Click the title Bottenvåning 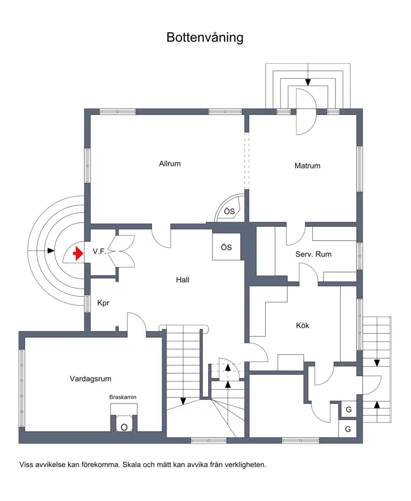[204, 37]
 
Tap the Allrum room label [170, 164]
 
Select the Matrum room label [307, 166]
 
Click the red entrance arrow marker [78, 254]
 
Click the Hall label [182, 280]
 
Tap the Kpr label [103, 303]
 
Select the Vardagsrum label [90, 379]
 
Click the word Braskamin [123, 397]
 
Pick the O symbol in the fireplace [124, 427]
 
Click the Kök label [303, 325]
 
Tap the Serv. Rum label [313, 254]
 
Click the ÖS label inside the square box [227, 247]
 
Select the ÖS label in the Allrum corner [229, 211]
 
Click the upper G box [348, 410]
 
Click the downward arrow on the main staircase [182, 400]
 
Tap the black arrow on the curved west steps [50, 250]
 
